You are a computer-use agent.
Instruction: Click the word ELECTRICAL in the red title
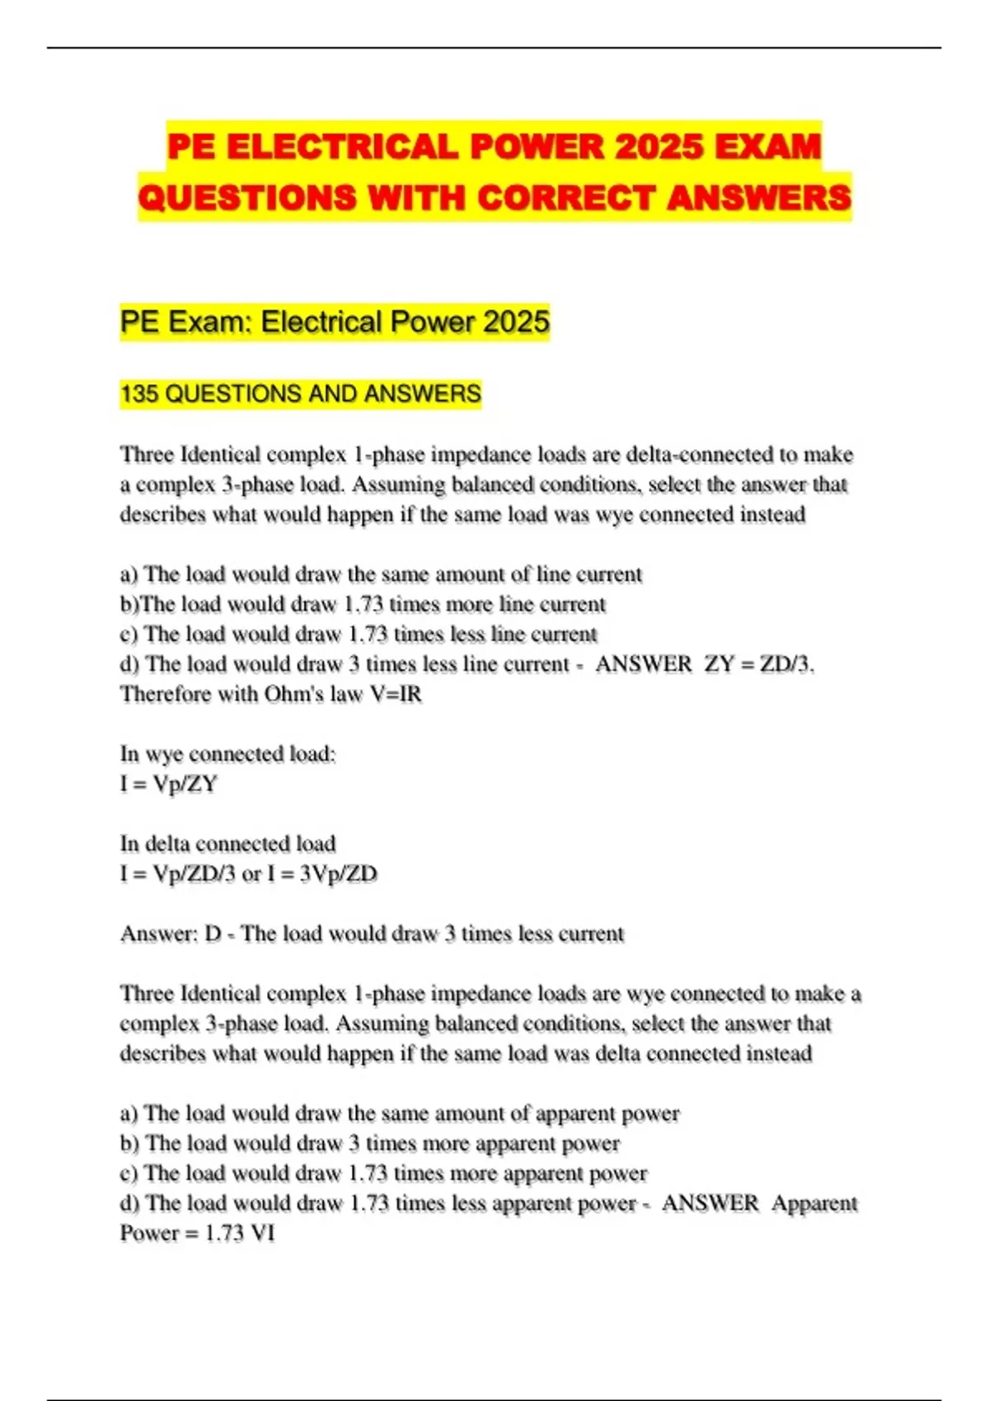tap(341, 148)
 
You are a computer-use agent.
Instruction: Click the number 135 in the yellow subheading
tap(138, 394)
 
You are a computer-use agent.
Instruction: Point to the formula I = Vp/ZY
tap(169, 784)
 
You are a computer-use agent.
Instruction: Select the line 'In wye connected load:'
tap(227, 754)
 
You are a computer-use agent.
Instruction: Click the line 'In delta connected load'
tap(227, 844)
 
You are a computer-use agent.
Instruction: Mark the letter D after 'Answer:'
tap(213, 934)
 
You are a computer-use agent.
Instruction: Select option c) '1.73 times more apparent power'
tap(383, 1174)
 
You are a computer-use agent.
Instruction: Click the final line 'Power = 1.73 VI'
tap(197, 1234)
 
